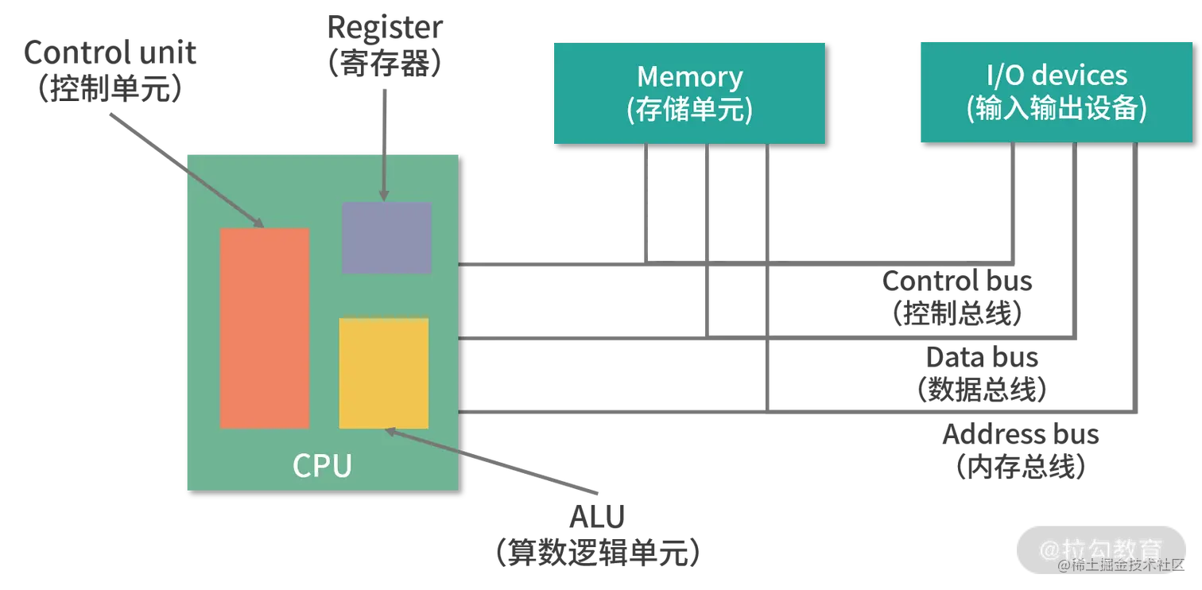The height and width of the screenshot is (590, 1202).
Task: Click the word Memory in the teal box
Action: tap(689, 76)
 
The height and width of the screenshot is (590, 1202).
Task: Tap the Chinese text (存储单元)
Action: tap(689, 111)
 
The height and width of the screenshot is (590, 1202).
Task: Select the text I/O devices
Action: tap(1057, 76)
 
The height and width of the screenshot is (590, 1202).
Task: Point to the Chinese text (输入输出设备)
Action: tap(1057, 110)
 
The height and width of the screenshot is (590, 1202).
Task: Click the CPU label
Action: tap(322, 466)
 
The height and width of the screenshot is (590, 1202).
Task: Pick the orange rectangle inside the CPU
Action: tap(264, 328)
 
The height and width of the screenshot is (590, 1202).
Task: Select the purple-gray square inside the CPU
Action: tap(386, 237)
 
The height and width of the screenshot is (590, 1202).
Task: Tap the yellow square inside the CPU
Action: tap(384, 373)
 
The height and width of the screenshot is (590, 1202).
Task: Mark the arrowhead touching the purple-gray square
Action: tap(383, 196)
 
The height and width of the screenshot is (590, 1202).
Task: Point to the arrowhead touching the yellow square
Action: tap(390, 432)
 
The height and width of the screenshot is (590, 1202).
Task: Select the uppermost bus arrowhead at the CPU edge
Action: tap(464, 266)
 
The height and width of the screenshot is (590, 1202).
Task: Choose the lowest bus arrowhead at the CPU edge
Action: tap(464, 412)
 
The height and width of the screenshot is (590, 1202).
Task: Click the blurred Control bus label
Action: tap(956, 298)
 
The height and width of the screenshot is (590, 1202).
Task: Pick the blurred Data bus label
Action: tap(982, 375)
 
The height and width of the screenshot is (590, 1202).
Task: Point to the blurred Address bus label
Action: tap(1021, 452)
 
